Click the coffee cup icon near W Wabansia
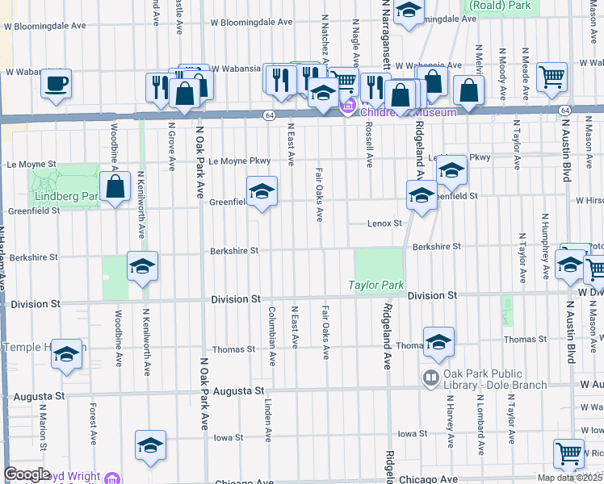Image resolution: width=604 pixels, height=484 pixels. pyautogui.click(x=56, y=83)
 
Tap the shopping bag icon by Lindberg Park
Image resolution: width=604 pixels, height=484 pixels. pyautogui.click(x=116, y=187)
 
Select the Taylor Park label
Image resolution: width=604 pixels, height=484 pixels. pyautogui.click(x=375, y=285)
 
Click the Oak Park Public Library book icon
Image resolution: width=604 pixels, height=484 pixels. pyautogui.click(x=431, y=377)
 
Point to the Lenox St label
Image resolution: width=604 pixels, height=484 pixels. pyautogui.click(x=385, y=223)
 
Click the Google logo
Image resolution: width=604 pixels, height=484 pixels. pyautogui.click(x=27, y=474)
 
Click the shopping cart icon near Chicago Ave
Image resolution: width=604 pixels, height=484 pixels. pyautogui.click(x=569, y=454)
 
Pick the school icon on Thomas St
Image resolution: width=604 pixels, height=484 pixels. pyautogui.click(x=438, y=342)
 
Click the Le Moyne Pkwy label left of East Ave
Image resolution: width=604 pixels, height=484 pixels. pyautogui.click(x=239, y=161)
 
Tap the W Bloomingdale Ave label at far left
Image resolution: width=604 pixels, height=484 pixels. pyautogui.click(x=44, y=26)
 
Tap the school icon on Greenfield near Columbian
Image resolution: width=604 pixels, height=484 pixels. pyautogui.click(x=261, y=192)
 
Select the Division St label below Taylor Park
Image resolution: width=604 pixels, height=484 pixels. pyautogui.click(x=432, y=296)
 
